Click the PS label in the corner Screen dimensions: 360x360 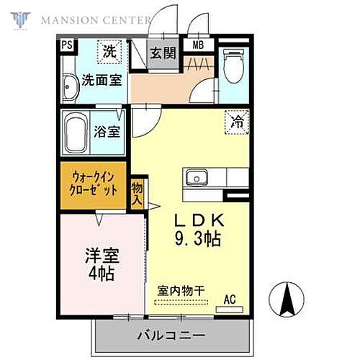[67, 46]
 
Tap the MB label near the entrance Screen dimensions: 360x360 [197, 46]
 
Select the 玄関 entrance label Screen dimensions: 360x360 [163, 53]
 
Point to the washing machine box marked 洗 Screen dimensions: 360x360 [109, 52]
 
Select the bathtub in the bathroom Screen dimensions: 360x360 [76, 133]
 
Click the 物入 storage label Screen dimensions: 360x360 [138, 194]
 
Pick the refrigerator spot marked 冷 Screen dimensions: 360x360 [237, 122]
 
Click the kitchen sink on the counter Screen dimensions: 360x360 [196, 177]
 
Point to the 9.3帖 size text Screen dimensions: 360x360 [194, 238]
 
